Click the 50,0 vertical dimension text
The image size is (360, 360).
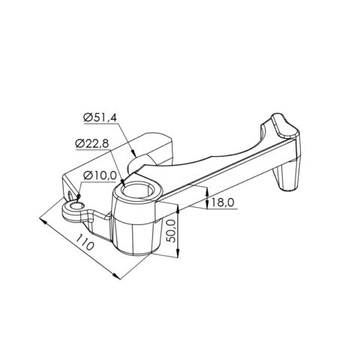pyautogui.click(x=172, y=235)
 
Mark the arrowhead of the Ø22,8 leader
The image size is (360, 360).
pyautogui.click(x=121, y=175)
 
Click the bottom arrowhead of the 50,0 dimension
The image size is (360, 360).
pyautogui.click(x=178, y=254)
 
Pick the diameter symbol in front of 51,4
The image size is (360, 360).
pyautogui.click(x=88, y=118)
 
